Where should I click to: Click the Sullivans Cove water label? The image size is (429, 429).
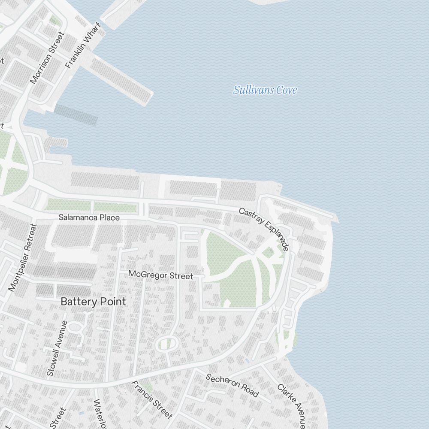(265, 90)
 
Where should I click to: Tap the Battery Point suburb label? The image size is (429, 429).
(93, 302)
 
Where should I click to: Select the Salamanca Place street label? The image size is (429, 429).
(89, 218)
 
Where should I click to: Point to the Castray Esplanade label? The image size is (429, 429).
(264, 229)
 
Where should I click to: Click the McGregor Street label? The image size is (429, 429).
(161, 275)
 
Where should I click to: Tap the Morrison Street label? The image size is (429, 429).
(47, 57)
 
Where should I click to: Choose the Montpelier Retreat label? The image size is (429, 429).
(23, 257)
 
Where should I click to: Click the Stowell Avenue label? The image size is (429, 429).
(57, 348)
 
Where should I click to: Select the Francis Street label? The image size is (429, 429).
(152, 399)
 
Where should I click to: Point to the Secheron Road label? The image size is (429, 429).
(232, 385)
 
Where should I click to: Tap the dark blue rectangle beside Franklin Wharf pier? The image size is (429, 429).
(76, 115)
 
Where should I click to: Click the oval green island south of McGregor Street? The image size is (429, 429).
(167, 343)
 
